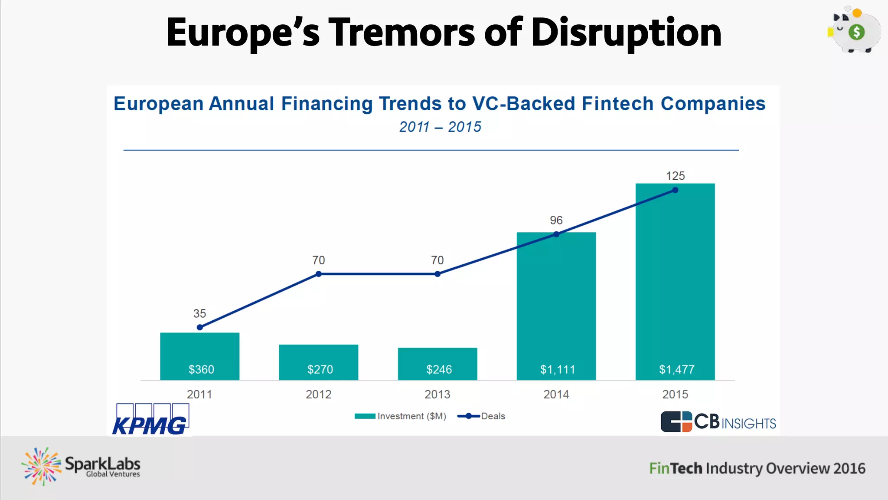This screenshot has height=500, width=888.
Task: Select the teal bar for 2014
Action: point(556,304)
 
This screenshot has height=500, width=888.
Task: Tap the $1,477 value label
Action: point(676,369)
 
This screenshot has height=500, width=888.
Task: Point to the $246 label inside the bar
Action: point(439,369)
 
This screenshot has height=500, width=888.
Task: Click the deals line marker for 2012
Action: point(319,274)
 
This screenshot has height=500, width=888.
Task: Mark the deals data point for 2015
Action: point(675,190)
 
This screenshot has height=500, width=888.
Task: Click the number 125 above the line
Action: point(675,176)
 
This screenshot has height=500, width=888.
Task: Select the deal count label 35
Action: point(199,313)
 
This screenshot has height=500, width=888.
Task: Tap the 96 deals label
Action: point(556,220)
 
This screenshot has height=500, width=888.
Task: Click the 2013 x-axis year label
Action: point(437,394)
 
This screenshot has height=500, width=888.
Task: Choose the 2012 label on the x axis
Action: point(318,394)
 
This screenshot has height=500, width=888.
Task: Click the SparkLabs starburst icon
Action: point(42,467)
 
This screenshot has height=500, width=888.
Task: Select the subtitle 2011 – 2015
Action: point(440,127)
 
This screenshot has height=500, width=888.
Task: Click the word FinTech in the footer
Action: point(675,468)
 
